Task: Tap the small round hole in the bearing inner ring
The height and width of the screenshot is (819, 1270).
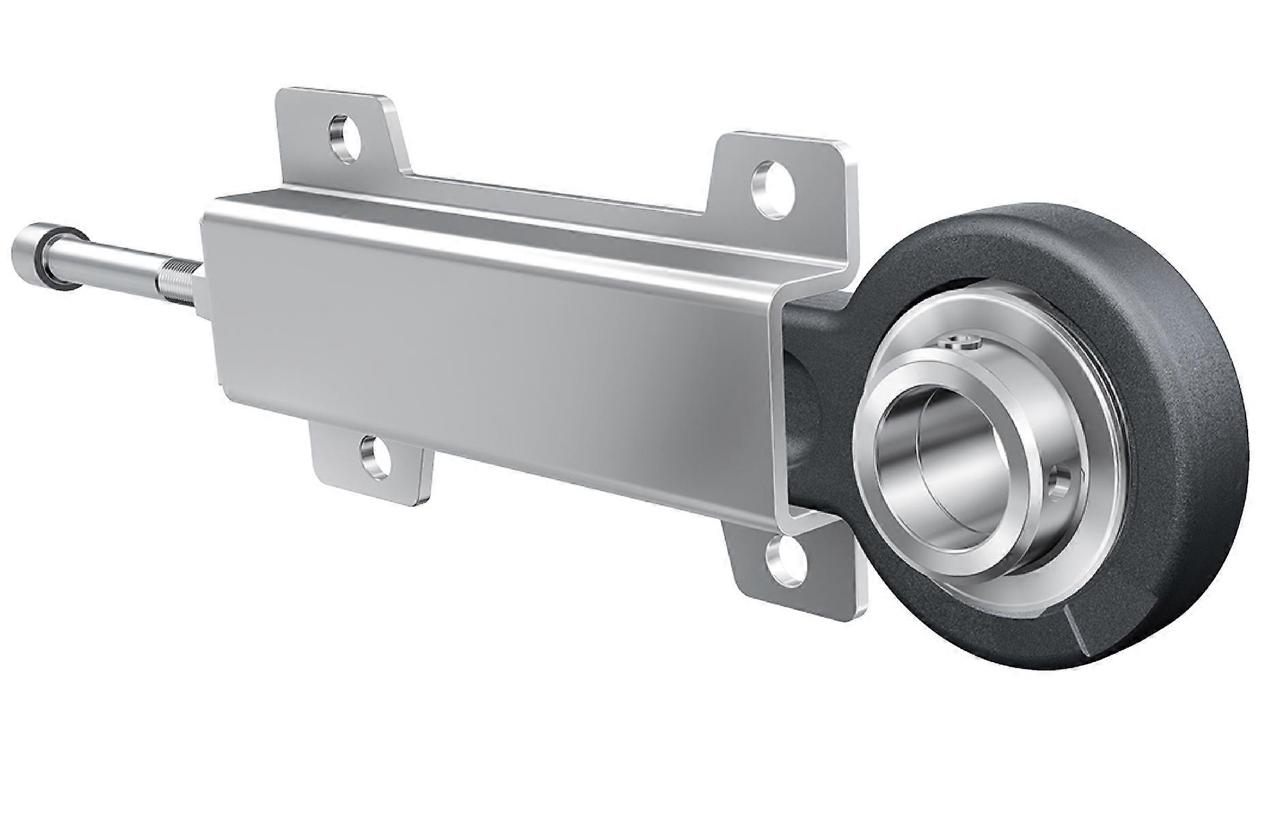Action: tap(1062, 480)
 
